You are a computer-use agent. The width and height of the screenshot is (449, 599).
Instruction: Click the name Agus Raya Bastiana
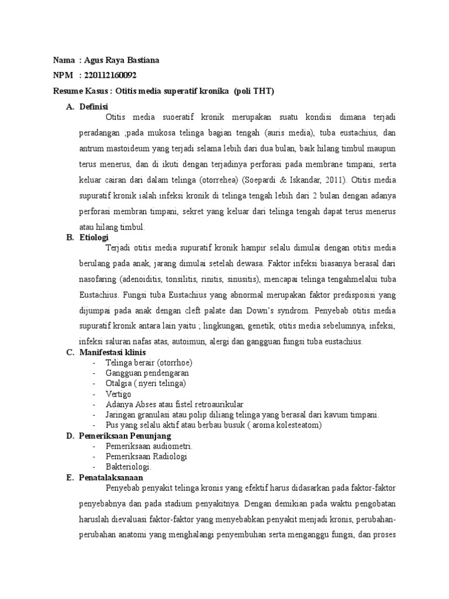coord(122,61)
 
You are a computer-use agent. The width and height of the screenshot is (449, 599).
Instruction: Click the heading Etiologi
coord(94,237)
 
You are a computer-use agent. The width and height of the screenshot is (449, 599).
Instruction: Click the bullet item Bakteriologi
coord(129,467)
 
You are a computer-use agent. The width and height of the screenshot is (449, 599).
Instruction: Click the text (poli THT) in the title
coord(254,92)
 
